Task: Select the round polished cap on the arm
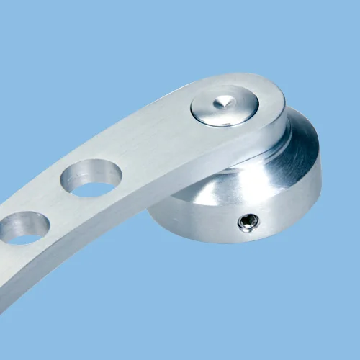tap(225, 106)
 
